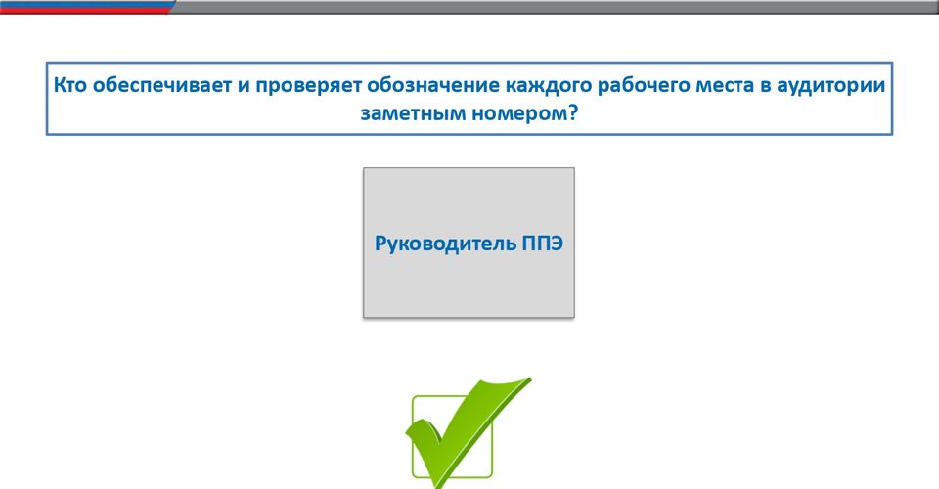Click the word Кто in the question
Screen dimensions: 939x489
[70, 85]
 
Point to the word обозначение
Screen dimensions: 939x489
[433, 85]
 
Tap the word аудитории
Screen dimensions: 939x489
[830, 86]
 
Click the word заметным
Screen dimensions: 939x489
[410, 112]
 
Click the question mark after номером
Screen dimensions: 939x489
[571, 111]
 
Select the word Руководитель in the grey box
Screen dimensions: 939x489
[445, 244]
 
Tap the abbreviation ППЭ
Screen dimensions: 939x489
[542, 243]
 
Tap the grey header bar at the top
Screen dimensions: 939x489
[554, 7]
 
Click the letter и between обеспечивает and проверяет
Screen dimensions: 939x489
[244, 86]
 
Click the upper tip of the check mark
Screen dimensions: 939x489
[530, 378]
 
